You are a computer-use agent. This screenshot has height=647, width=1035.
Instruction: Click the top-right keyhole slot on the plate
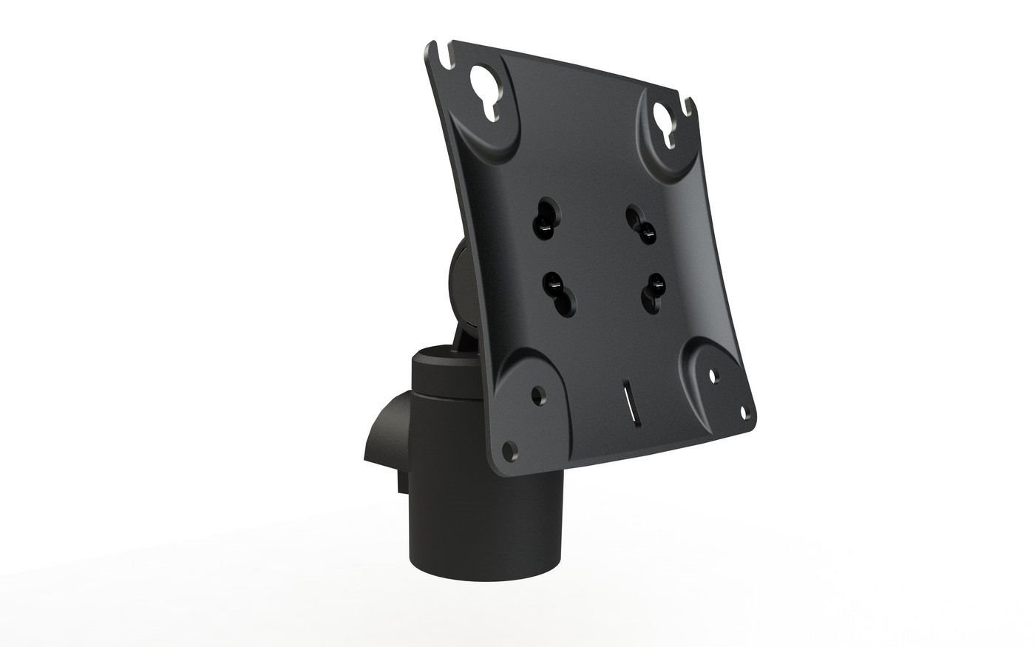point(666,121)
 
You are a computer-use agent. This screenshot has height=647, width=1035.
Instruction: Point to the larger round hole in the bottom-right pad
point(713,376)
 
